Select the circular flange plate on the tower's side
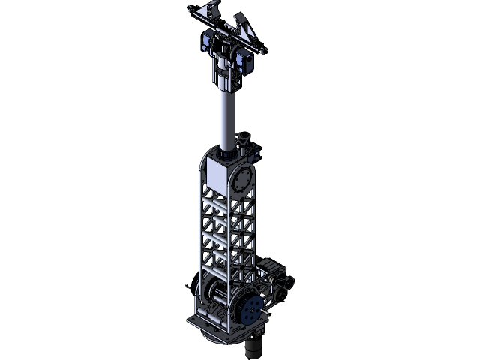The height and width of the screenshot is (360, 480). point(244,181)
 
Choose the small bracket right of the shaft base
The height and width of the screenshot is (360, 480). point(246,142)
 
